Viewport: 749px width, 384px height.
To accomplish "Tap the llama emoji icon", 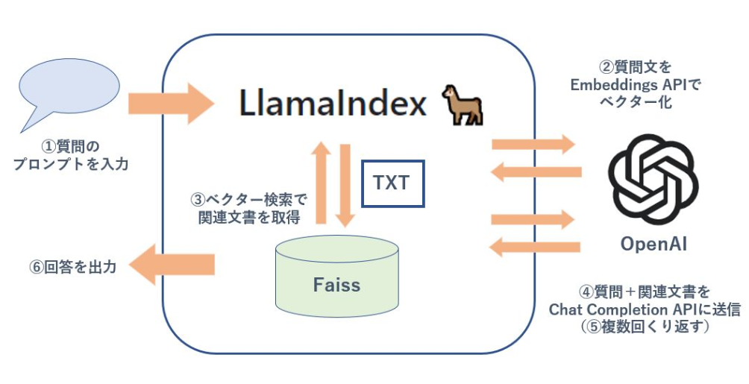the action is point(462,105).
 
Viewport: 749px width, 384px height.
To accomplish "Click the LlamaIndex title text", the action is point(333,104).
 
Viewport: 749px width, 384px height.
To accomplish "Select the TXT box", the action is point(392,183).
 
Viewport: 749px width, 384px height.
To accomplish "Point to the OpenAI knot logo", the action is point(653,179).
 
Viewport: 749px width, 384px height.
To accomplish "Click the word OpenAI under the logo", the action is point(654,244).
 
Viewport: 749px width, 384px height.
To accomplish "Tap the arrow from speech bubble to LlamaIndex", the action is point(171,104).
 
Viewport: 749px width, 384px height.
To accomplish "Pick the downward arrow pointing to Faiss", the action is point(345,186).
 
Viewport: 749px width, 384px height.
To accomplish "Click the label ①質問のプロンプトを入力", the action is point(71,155).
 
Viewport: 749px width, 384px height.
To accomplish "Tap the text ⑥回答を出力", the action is point(73,266).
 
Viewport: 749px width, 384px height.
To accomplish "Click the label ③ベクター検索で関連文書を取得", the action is point(249,208).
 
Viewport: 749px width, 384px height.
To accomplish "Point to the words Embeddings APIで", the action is point(636,85).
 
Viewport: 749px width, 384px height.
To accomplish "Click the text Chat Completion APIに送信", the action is point(645,309).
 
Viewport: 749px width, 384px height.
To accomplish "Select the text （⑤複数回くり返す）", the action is point(645,327).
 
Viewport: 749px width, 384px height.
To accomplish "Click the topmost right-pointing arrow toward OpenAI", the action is point(533,144).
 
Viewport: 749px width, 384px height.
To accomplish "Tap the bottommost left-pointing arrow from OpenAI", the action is point(535,247).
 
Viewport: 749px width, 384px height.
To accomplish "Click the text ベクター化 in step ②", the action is point(636,101).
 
